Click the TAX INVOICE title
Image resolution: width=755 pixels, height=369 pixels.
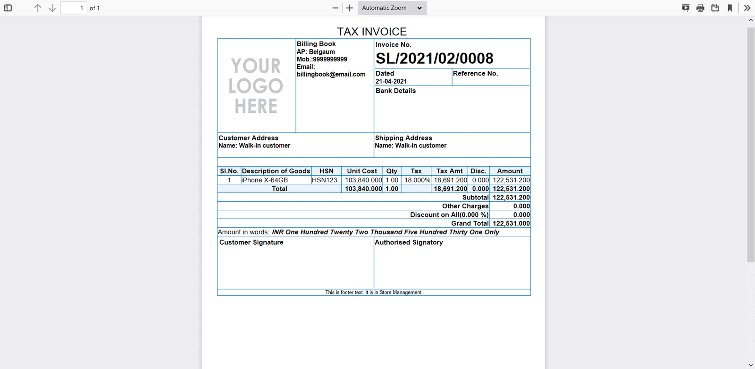coord(372,32)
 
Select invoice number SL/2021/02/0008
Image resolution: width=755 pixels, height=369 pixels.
coord(434,59)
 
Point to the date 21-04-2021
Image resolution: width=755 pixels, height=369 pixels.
coord(391,81)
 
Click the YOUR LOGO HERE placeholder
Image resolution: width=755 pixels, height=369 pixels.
coord(256,86)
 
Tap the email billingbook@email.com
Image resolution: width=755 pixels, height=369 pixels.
coord(331,74)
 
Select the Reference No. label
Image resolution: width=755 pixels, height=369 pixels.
coord(475,73)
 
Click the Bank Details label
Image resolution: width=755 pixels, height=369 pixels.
coord(395,91)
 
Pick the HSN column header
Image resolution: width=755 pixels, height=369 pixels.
coord(326,171)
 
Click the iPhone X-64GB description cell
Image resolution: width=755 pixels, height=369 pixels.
coord(265,180)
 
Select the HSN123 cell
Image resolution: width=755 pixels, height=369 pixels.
coord(325,180)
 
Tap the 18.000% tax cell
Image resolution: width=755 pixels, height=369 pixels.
coord(417,180)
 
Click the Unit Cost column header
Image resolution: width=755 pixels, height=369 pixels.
coord(362,171)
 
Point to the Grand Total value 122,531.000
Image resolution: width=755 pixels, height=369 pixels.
coord(511,223)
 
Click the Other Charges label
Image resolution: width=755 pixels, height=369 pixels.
coord(465,206)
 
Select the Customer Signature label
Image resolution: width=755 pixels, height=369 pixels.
coord(252,242)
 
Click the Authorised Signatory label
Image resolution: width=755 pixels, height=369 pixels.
coord(409,242)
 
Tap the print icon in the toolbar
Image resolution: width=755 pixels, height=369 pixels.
coord(700,8)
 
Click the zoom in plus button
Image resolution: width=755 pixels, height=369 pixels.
coord(350,8)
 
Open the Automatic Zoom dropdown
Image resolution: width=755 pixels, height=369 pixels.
coord(392,8)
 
